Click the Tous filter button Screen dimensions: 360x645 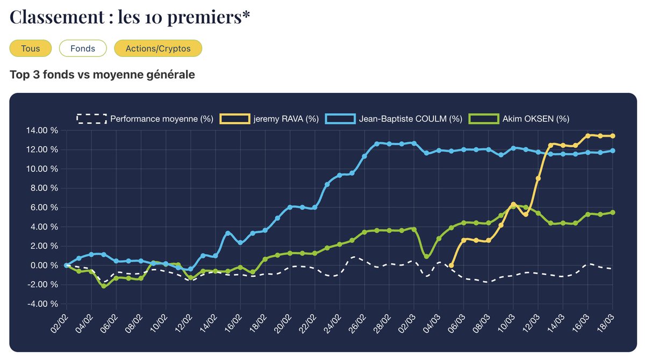click(x=31, y=48)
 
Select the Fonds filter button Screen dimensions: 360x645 click(x=83, y=48)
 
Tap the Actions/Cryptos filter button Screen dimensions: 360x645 click(x=158, y=48)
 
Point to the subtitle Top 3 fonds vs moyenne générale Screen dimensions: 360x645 click(x=102, y=75)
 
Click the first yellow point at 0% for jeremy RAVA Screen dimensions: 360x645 click(x=451, y=265)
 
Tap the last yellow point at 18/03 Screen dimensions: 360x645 click(x=613, y=136)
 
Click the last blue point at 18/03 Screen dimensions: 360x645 click(x=613, y=151)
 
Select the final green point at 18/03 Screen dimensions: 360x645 click(x=613, y=212)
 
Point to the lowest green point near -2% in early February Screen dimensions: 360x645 click(x=104, y=286)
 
